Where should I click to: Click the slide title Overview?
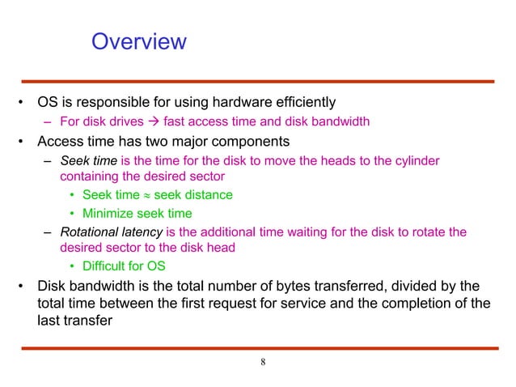pos(138,40)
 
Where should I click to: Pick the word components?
pos(250,142)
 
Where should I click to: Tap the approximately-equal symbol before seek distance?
pos(146,195)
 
